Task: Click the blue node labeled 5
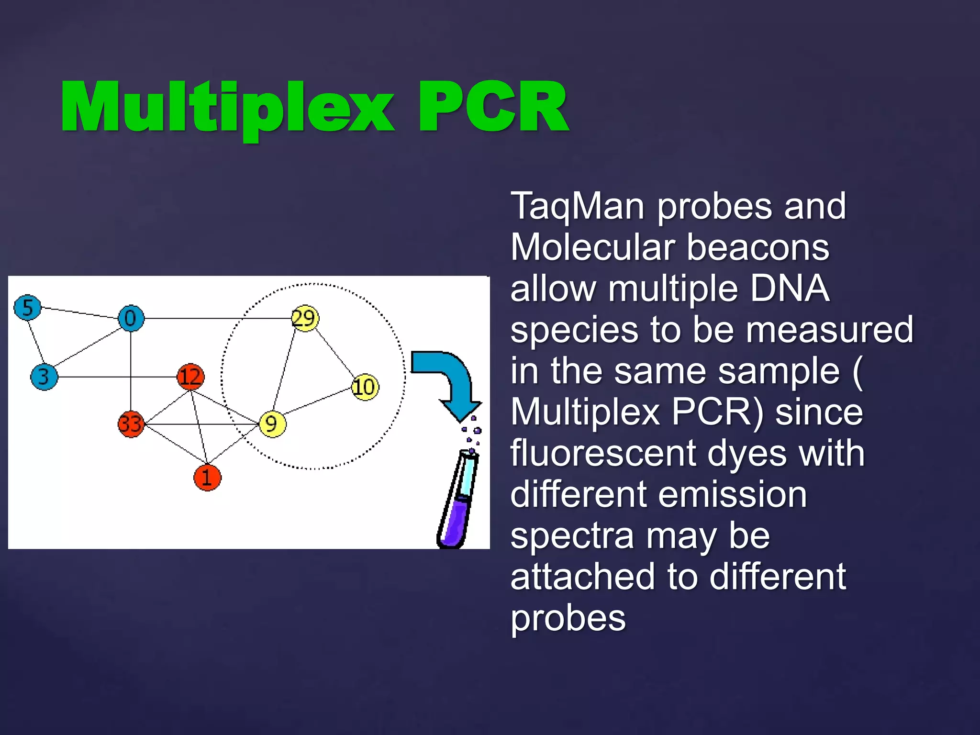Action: click(x=28, y=307)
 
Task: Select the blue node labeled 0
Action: click(x=131, y=318)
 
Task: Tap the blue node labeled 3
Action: click(x=44, y=377)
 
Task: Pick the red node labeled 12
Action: click(x=190, y=377)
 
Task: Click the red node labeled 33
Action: click(x=131, y=424)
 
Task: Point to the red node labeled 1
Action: click(x=207, y=477)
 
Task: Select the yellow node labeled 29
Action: click(x=305, y=318)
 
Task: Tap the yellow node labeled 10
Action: click(x=365, y=387)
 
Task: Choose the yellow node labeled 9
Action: click(x=272, y=424)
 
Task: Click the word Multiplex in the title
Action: click(x=227, y=108)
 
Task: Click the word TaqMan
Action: click(x=577, y=206)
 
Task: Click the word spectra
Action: click(x=572, y=536)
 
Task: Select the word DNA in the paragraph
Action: click(x=790, y=289)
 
